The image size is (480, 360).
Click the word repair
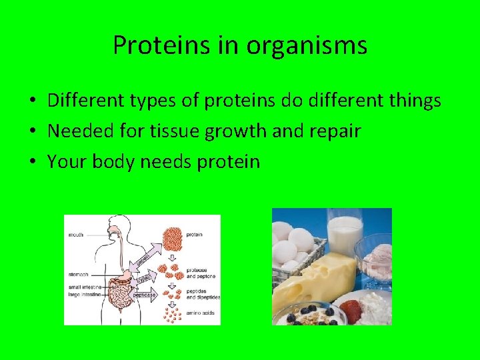coord(327,132)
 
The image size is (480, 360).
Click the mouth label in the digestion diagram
coord(76,234)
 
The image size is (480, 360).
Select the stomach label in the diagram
coord(79,274)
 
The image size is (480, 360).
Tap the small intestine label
coord(83,287)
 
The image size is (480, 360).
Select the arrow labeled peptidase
coord(143,293)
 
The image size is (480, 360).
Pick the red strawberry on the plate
coord(350,311)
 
